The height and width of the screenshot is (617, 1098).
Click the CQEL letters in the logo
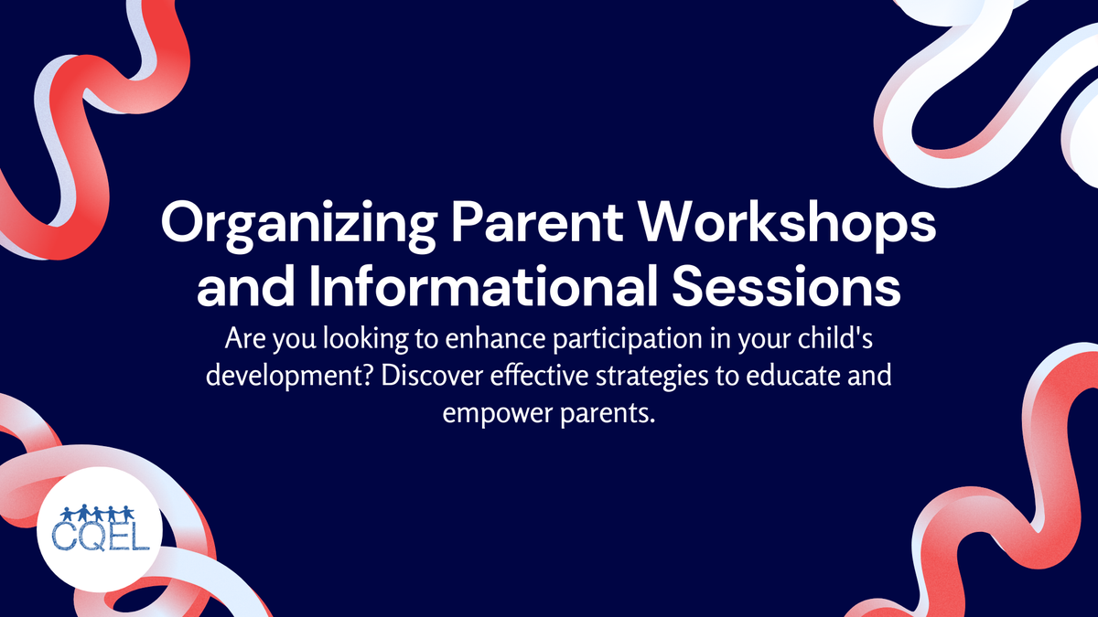99,537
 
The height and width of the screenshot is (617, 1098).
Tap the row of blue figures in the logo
99,513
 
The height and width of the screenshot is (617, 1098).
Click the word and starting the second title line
232,288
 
